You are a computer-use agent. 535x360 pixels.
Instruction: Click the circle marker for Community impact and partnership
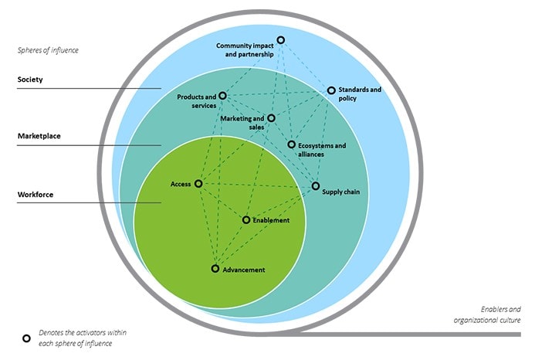[280, 40]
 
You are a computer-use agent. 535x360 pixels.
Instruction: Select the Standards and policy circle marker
[331, 90]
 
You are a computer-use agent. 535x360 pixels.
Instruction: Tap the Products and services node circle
[222, 96]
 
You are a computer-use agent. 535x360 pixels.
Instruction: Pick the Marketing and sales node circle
[271, 118]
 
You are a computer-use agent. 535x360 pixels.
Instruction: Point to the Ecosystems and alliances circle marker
[291, 144]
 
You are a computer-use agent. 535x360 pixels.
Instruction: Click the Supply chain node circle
[315, 186]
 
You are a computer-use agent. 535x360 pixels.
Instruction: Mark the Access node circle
[198, 184]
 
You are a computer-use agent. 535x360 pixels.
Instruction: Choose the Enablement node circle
[246, 220]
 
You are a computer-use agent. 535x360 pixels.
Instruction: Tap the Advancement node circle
[215, 269]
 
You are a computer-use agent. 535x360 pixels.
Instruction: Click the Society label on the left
[31, 80]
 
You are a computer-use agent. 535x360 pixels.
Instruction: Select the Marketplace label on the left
[39, 136]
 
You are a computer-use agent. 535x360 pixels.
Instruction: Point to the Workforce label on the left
[36, 195]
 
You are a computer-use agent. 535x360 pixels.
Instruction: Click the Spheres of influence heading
[48, 50]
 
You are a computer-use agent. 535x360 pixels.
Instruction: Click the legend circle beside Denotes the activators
[25, 338]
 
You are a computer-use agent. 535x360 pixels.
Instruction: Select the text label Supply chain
[340, 192]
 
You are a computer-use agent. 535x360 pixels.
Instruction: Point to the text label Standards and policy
[360, 94]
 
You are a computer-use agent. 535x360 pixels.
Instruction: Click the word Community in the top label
[234, 46]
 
